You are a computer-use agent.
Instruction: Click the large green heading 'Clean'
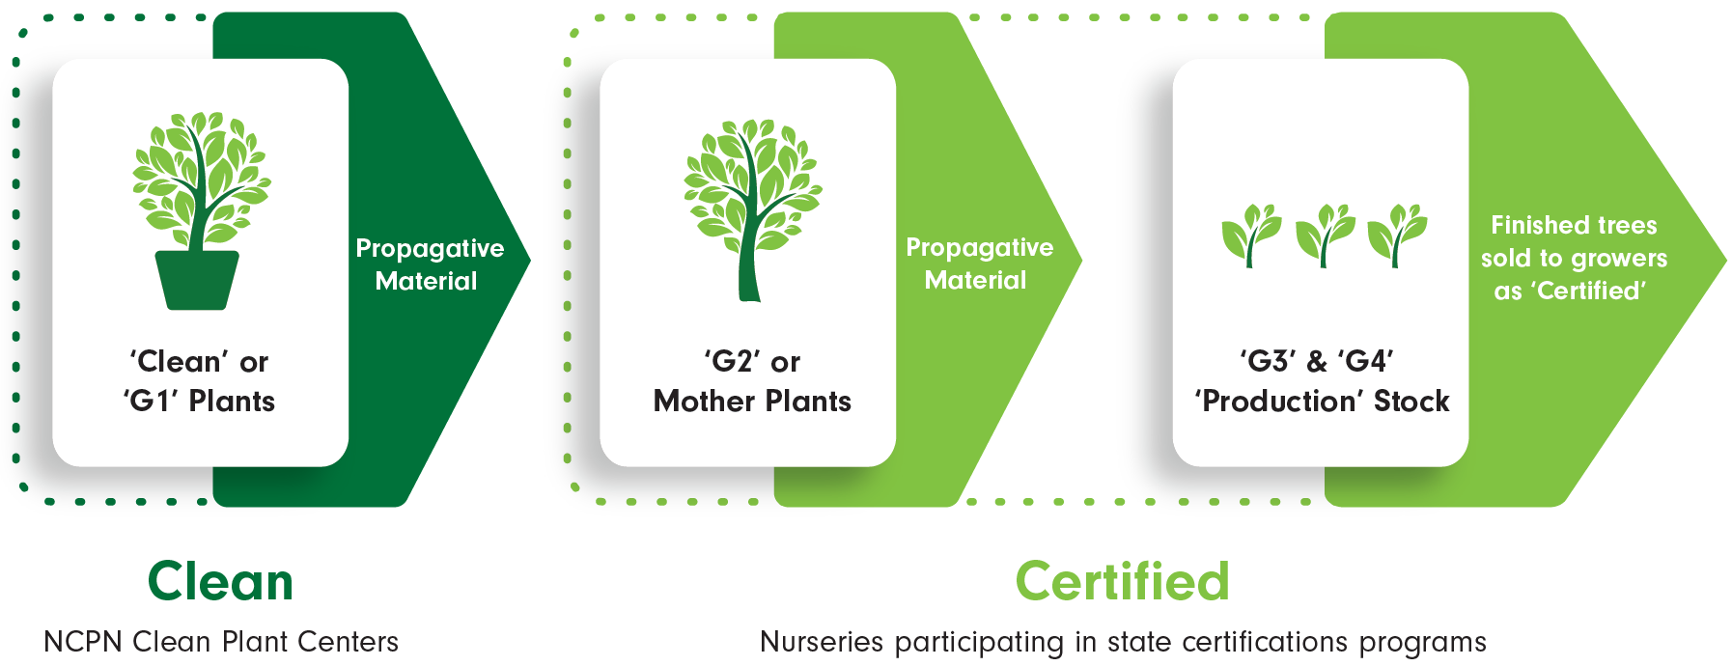click(220, 581)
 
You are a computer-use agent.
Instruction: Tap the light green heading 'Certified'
click(1123, 581)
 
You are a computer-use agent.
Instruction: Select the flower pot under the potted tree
click(197, 280)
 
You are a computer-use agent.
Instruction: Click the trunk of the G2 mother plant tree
click(750, 251)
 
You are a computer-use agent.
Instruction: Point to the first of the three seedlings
click(1251, 235)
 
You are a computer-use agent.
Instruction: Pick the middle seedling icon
click(1325, 235)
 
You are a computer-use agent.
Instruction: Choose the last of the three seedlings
click(1397, 235)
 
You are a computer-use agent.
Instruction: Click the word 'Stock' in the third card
click(1411, 401)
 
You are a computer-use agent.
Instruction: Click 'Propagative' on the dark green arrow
click(430, 249)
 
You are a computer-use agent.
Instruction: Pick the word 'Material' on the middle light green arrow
click(975, 280)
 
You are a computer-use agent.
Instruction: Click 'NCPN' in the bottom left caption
click(84, 642)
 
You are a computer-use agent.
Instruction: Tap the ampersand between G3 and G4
click(1317, 362)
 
